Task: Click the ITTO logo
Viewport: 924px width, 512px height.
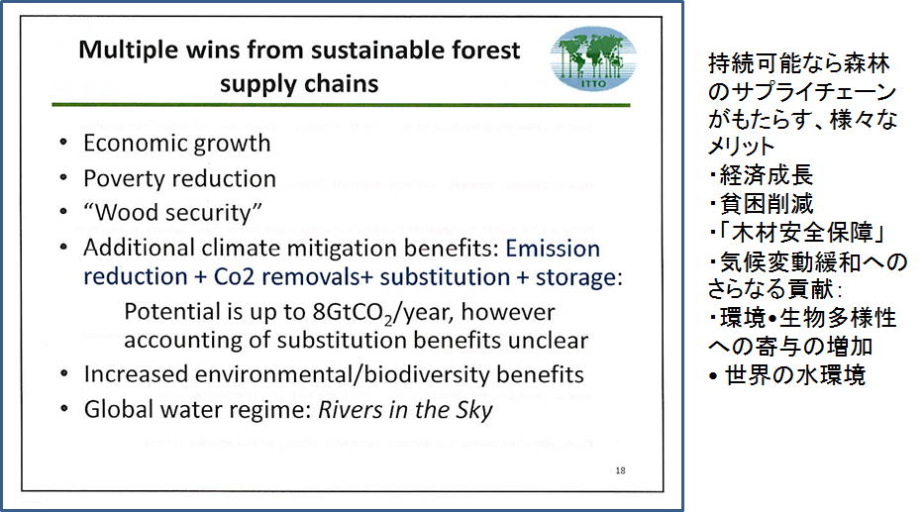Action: [593, 58]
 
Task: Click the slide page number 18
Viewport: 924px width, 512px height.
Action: [621, 470]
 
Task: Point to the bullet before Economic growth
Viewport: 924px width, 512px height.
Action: [63, 142]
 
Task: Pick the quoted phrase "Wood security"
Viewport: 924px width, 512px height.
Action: [172, 212]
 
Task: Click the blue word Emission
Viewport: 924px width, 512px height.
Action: [553, 249]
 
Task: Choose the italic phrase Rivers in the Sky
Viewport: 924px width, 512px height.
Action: [405, 409]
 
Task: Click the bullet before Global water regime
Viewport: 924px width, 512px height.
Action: [63, 408]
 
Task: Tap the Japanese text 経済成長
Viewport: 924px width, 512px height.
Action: [767, 175]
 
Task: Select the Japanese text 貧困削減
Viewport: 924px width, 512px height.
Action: [767, 204]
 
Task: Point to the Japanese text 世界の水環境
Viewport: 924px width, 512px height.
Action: [795, 375]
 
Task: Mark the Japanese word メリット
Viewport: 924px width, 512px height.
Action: [742, 146]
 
